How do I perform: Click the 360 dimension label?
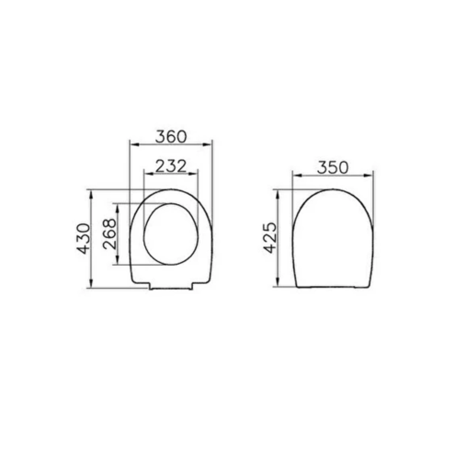click(171, 137)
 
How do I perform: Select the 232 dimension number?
click(171, 166)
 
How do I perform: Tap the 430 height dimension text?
click(84, 239)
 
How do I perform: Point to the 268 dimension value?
click(110, 233)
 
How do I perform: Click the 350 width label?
click(333, 167)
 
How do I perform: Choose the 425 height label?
click(270, 238)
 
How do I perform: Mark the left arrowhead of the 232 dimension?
click(148, 174)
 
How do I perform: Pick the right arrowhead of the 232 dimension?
click(194, 174)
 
